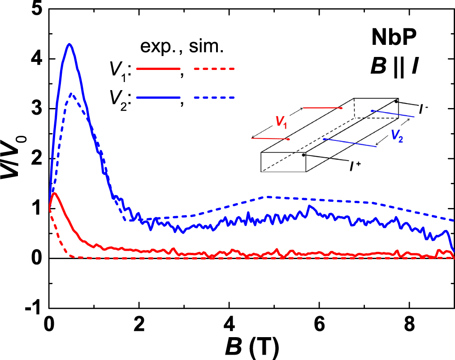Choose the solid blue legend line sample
[158, 97]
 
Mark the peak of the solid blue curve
[69, 44]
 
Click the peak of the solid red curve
[54, 193]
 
